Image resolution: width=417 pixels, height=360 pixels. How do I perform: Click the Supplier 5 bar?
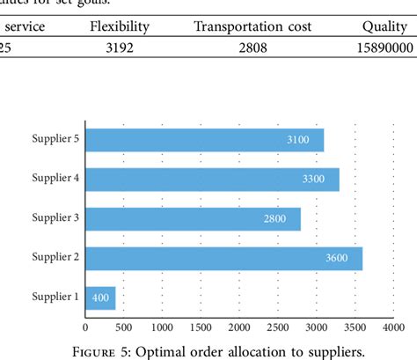[204, 140]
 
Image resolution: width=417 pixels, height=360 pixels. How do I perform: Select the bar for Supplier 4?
[212, 180]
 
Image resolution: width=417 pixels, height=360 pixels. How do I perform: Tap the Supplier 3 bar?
[193, 219]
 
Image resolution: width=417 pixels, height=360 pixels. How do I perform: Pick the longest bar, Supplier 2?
[223, 258]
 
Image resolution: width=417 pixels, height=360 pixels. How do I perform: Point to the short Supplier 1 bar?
[100, 298]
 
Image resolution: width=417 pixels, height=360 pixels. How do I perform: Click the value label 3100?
[298, 140]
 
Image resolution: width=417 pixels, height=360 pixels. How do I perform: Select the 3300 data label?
[314, 180]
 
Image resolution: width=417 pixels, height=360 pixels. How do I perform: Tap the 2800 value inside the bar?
[275, 219]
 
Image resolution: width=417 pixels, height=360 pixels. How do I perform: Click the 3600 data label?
[337, 258]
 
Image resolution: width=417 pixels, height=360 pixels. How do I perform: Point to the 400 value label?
[100, 298]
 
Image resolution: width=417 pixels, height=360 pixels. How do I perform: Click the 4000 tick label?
[393, 327]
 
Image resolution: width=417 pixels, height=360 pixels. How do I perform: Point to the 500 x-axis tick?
[123, 327]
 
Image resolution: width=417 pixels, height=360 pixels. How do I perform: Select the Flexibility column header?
[120, 26]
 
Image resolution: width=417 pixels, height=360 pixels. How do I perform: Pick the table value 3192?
[120, 48]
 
